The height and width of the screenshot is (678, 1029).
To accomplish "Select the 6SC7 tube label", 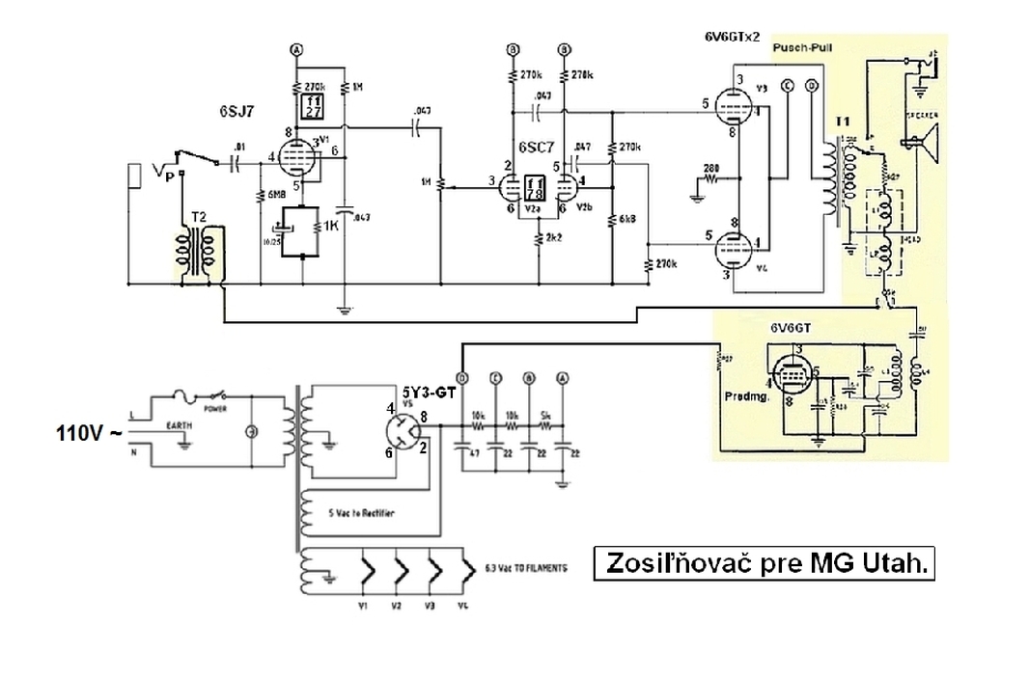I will tap(535, 148).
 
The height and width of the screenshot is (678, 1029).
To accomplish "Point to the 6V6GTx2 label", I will tap(734, 36).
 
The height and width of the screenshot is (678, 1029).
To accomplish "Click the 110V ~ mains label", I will tap(89, 434).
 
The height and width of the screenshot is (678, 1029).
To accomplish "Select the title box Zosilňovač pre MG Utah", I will tap(765, 564).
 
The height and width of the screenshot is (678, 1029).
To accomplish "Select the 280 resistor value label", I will tap(711, 168).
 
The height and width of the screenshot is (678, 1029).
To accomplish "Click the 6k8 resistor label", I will tap(626, 219).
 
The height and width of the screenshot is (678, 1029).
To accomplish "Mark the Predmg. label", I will tap(748, 396).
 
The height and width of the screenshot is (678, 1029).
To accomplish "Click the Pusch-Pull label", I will tap(797, 45).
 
